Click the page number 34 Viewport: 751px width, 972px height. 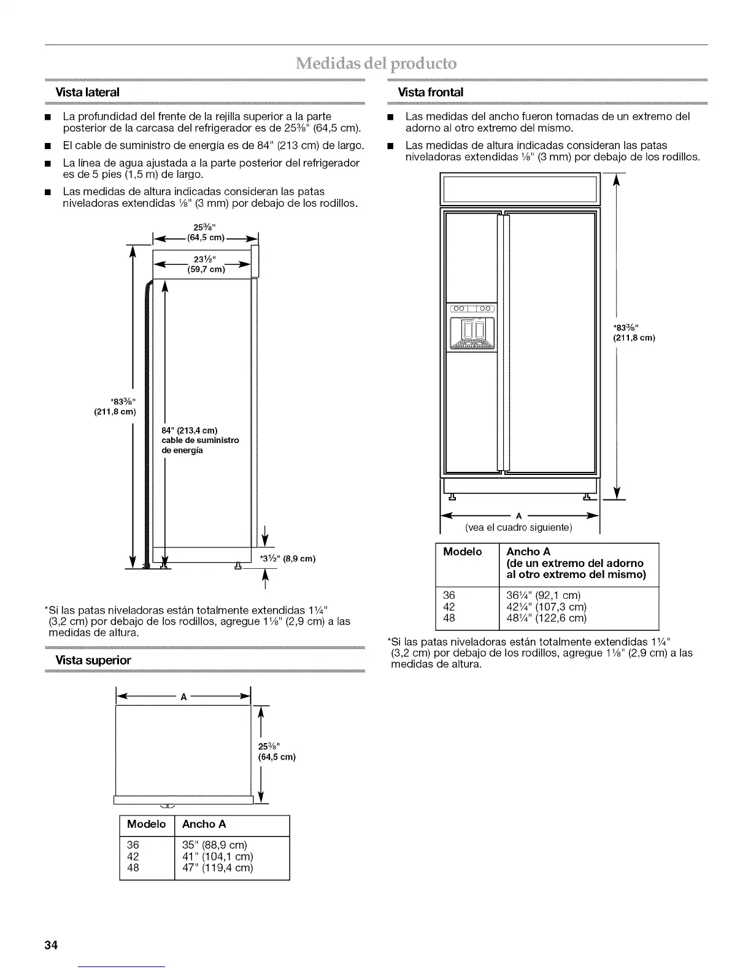50,945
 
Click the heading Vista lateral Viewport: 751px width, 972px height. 88,92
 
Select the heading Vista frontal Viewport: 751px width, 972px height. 431,92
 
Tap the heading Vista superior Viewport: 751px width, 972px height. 93,660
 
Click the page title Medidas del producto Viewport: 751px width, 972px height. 375,63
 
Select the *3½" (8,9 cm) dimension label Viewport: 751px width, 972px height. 287,558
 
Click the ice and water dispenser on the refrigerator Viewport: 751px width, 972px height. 472,332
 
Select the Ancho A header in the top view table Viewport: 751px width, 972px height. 204,824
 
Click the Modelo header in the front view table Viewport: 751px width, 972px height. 463,552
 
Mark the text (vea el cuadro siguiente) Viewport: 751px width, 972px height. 518,528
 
